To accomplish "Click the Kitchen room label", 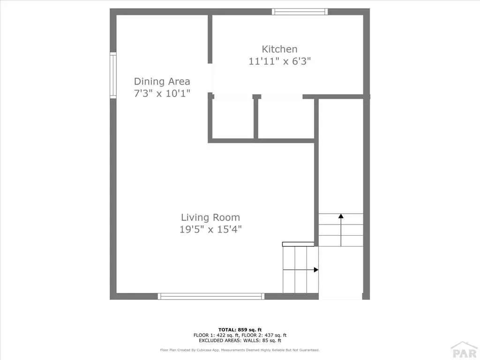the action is click(x=279, y=49).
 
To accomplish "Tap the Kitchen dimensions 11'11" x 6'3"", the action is click(x=279, y=61).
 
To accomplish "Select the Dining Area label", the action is click(x=162, y=82).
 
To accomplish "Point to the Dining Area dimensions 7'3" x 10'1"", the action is click(x=162, y=93).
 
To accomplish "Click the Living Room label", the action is click(x=210, y=217).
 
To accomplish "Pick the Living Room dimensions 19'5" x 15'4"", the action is click(x=210, y=229).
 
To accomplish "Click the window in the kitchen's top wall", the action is click(x=300, y=12).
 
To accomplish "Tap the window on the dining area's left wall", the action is click(x=113, y=75).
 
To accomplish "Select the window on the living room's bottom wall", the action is click(x=211, y=296).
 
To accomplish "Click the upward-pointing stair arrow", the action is click(x=341, y=230).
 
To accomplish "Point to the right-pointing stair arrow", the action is click(x=300, y=270).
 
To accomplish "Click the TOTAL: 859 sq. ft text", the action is click(x=240, y=330).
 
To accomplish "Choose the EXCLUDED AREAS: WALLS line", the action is click(x=240, y=340).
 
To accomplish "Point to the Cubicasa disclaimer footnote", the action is click(x=240, y=350).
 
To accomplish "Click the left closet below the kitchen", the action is click(x=232, y=119).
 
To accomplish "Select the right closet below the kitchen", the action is click(x=286, y=119).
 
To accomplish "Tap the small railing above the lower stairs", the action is click(x=298, y=244).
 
